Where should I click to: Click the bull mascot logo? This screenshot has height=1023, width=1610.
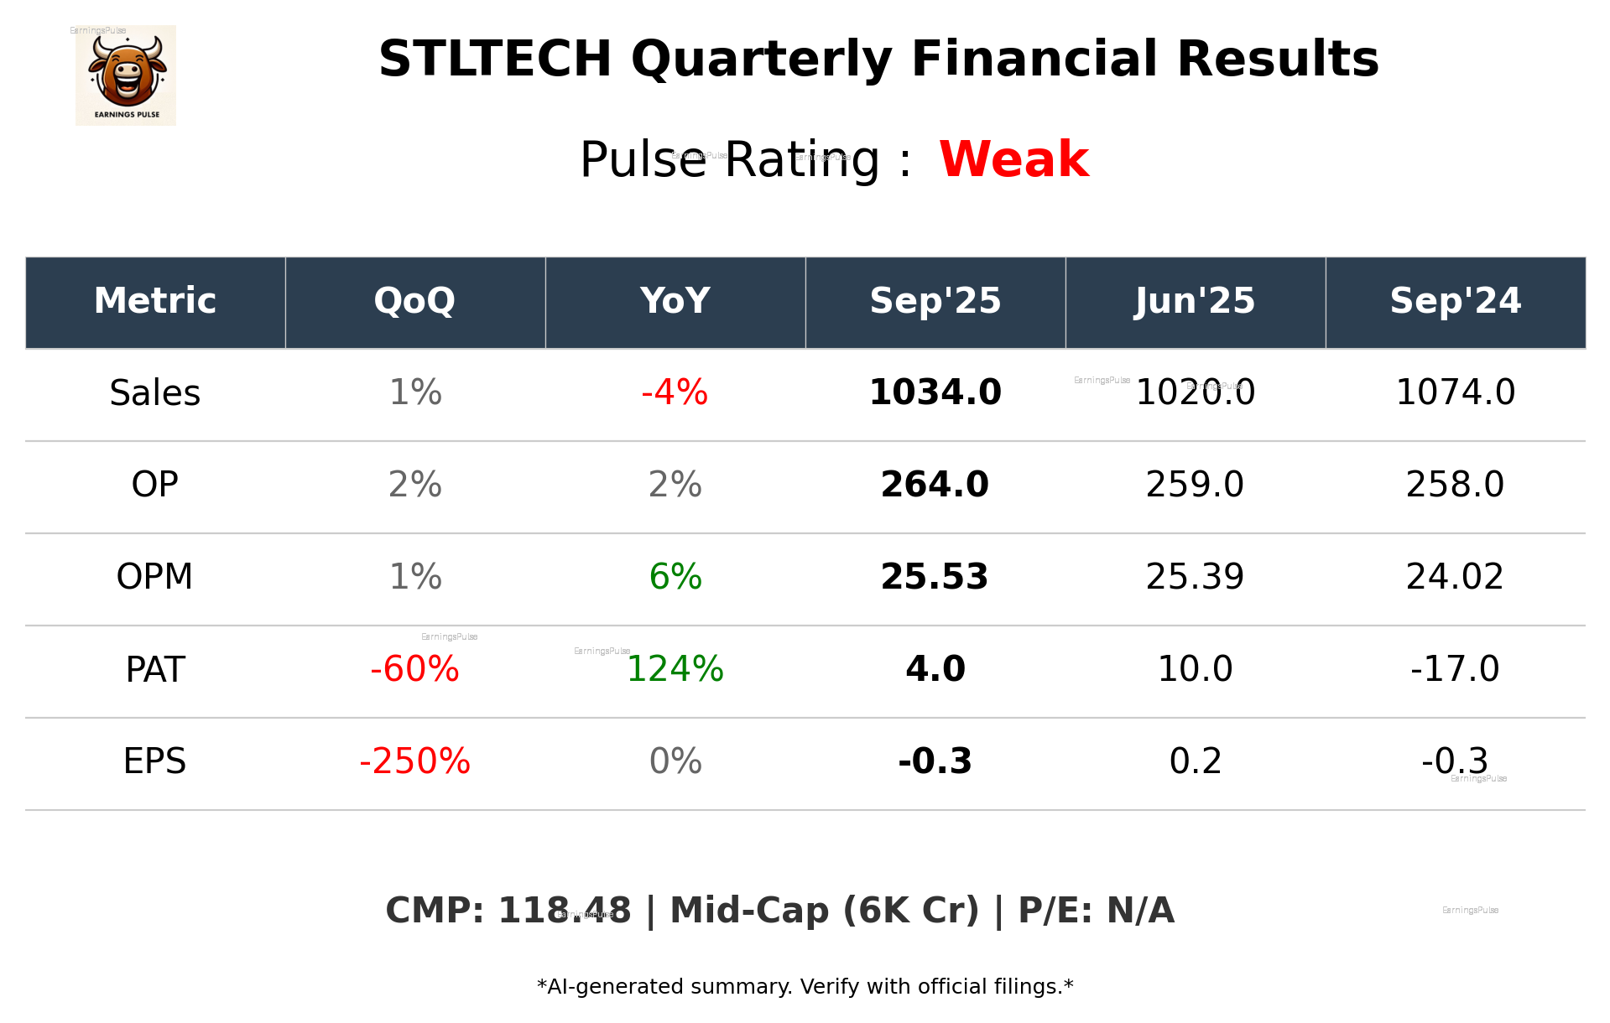(x=126, y=75)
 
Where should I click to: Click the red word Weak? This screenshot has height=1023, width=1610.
(x=1013, y=159)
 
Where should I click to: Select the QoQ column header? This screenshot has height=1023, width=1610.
(x=414, y=301)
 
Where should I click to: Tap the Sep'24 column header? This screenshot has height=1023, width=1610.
(x=1455, y=301)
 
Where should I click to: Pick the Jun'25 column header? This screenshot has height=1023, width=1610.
(x=1195, y=301)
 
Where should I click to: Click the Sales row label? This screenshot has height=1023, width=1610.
(x=155, y=393)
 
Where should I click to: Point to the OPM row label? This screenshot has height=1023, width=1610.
(x=154, y=577)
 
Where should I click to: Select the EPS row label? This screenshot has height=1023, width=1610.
(x=154, y=761)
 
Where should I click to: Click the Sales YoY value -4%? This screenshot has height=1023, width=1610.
(x=675, y=393)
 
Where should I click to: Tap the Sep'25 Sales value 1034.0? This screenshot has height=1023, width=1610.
(x=935, y=393)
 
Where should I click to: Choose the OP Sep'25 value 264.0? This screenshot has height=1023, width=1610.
(x=935, y=485)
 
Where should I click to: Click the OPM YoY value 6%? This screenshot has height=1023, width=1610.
(x=675, y=577)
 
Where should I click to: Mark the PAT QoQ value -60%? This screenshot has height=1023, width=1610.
(x=414, y=669)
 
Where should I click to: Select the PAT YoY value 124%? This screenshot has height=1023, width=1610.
(x=675, y=669)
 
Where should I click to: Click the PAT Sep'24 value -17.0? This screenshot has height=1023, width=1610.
(x=1455, y=669)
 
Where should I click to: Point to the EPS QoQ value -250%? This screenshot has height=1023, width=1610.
(x=414, y=761)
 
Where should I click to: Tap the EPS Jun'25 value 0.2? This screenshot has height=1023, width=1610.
(x=1195, y=761)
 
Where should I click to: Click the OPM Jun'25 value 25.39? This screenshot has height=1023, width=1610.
(x=1195, y=577)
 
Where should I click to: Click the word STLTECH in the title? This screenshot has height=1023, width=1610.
(x=495, y=60)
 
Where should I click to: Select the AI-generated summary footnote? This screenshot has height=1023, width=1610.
(x=805, y=987)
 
